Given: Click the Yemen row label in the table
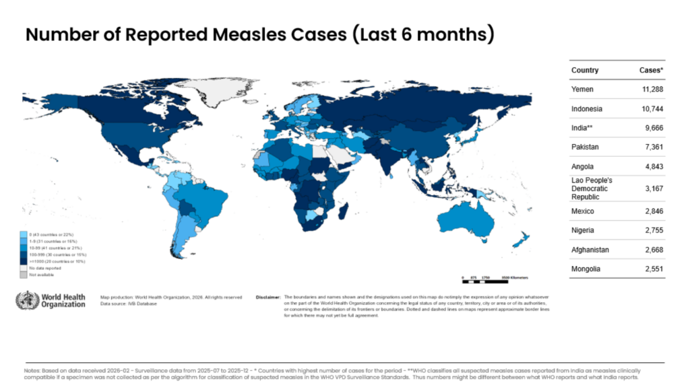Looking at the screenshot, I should coord(583,89).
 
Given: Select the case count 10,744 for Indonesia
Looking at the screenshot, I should coord(649,109).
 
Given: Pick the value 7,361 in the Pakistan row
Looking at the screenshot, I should coord(651,147).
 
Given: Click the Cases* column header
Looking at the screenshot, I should coord(652,70).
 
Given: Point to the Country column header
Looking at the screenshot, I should coord(585,70).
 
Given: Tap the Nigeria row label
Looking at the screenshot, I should coord(583,230).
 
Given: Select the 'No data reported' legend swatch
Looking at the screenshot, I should coord(24,267).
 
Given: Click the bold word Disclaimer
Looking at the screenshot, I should coord(269,296).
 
